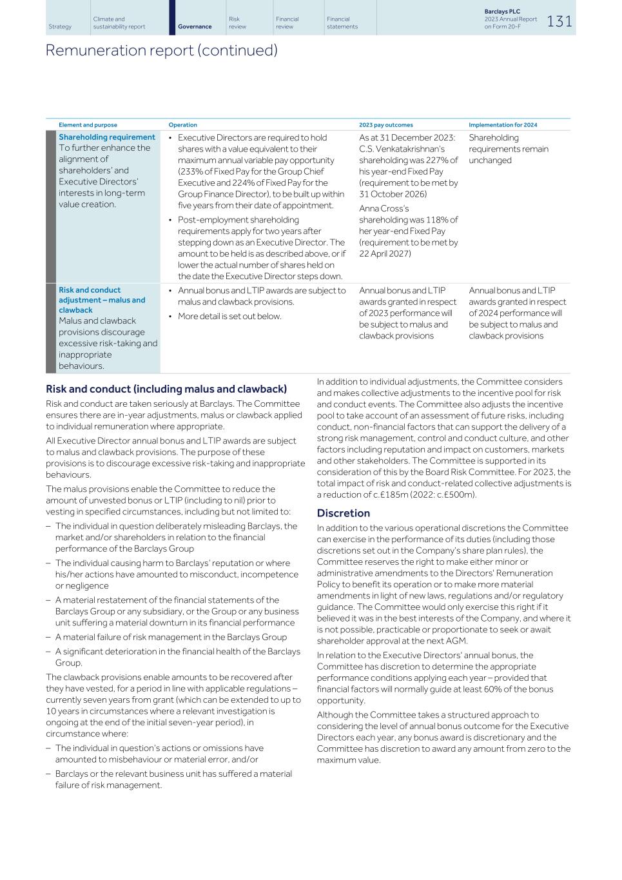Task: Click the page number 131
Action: tap(559, 21)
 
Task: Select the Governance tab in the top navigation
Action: tap(195, 26)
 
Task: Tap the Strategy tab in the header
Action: tap(60, 26)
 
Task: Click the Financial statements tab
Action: tap(342, 23)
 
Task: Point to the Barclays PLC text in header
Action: tap(501, 12)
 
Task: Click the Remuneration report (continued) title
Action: tap(161, 50)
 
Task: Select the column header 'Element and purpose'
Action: tap(88, 125)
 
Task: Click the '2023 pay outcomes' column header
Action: tap(385, 125)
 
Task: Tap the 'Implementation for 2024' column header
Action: tap(503, 125)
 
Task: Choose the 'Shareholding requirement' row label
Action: tap(107, 137)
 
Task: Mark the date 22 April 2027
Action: tap(385, 254)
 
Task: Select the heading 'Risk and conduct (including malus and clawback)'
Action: tap(166, 389)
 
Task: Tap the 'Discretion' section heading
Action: tap(343, 513)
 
